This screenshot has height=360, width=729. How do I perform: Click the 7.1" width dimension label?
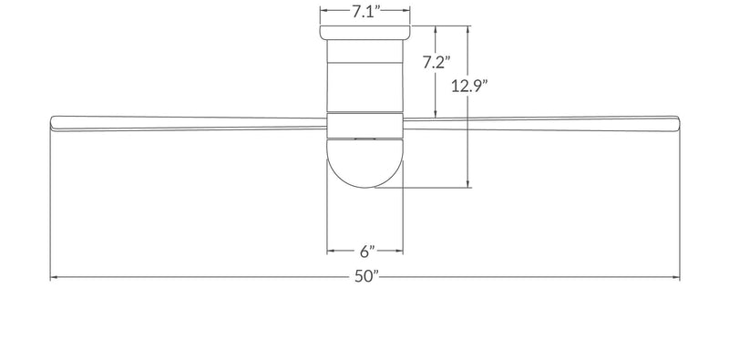coord(365,12)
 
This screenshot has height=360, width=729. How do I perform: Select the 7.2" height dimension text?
coord(438,64)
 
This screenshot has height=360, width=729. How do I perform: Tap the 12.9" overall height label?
coord(470,87)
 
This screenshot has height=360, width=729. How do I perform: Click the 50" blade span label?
coord(365,278)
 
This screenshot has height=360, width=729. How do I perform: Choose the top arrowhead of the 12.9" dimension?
coord(468,28)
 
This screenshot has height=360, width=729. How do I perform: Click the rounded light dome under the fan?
coord(365,164)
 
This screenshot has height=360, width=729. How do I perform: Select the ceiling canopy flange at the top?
coord(365,33)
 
